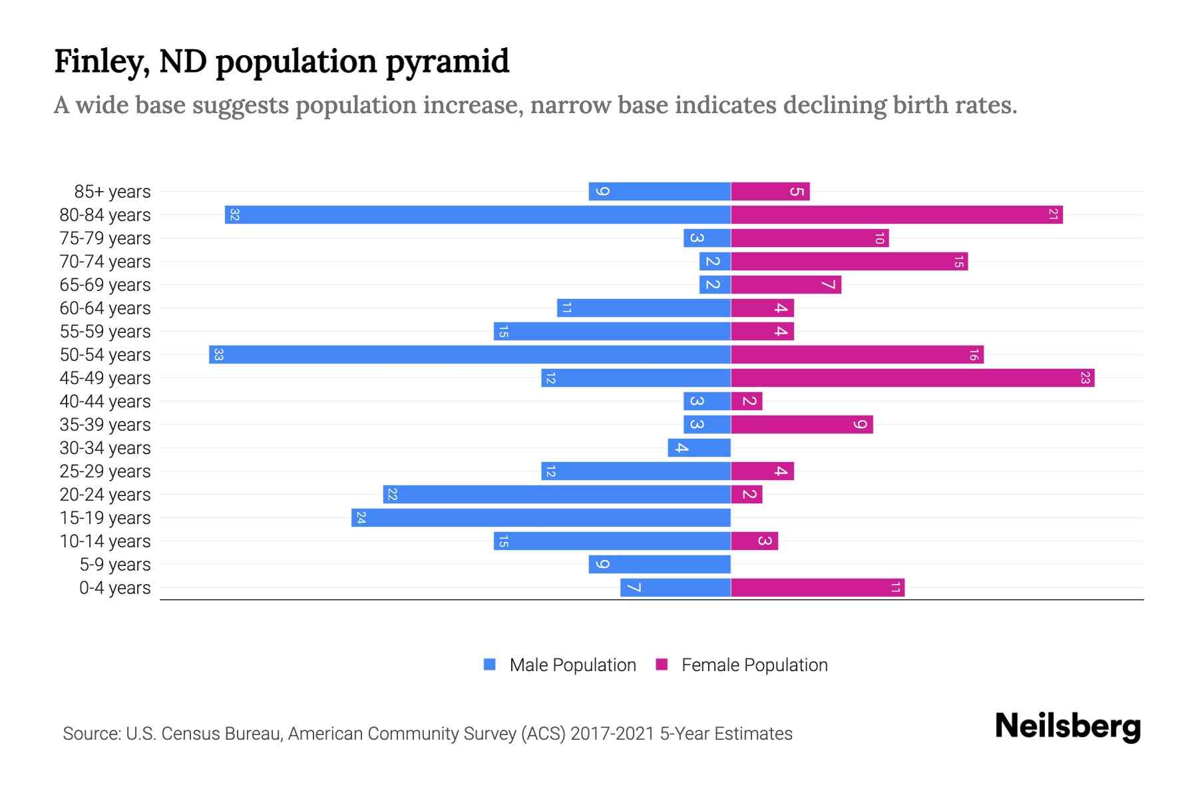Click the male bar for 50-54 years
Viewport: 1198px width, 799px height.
[470, 354]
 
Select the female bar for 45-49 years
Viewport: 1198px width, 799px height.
[912, 378]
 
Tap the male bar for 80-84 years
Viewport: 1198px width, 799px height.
[478, 214]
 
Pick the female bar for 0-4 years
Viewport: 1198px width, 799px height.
[817, 587]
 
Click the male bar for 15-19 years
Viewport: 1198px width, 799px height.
[541, 517]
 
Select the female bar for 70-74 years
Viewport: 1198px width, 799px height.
[849, 261]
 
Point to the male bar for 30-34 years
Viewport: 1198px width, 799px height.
[699, 447]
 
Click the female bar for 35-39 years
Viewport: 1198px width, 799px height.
[802, 424]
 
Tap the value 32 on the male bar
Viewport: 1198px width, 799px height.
[234, 214]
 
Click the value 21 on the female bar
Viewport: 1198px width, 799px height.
[1053, 214]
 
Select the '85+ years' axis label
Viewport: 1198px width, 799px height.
[112, 192]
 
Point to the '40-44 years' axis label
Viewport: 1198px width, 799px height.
[105, 401]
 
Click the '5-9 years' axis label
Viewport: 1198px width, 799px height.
[115, 565]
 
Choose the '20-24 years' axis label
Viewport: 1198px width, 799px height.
[105, 495]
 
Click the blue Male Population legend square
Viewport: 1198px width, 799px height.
[490, 665]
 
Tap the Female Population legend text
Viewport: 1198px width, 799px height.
[754, 665]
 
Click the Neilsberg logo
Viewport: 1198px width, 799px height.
[1068, 726]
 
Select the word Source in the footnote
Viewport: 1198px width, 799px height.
[91, 734]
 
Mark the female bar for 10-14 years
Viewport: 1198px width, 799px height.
[754, 541]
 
